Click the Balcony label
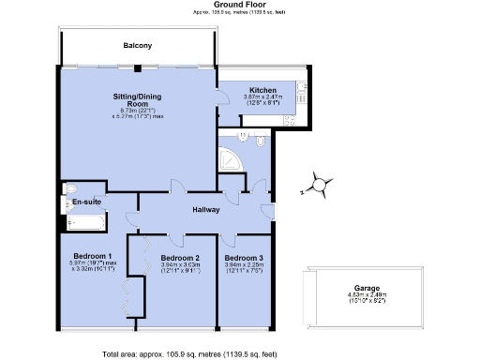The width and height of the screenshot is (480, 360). [x=137, y=46]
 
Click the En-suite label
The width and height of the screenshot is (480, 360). [x=87, y=202]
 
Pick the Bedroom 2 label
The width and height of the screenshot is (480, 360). [x=179, y=257]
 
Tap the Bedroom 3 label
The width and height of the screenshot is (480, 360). [x=243, y=257]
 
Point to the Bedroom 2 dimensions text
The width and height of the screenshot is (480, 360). [x=179, y=269]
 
